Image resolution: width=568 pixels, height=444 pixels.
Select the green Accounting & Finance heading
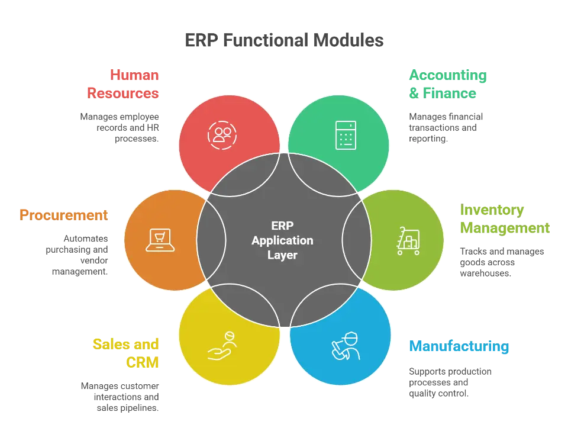[447, 84]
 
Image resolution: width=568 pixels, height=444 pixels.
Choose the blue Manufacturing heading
[459, 346]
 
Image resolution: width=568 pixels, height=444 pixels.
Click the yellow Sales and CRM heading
[126, 353]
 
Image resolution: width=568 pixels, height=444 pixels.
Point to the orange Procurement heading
[63, 215]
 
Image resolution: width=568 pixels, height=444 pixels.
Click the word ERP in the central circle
[282, 226]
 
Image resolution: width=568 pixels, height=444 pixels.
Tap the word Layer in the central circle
[282, 256]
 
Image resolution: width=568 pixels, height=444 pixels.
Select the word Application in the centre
[282, 241]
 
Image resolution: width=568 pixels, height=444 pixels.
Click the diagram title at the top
[283, 40]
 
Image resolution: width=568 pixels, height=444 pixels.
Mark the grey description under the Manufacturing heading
[450, 382]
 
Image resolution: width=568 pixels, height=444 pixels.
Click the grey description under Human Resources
[121, 126]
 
